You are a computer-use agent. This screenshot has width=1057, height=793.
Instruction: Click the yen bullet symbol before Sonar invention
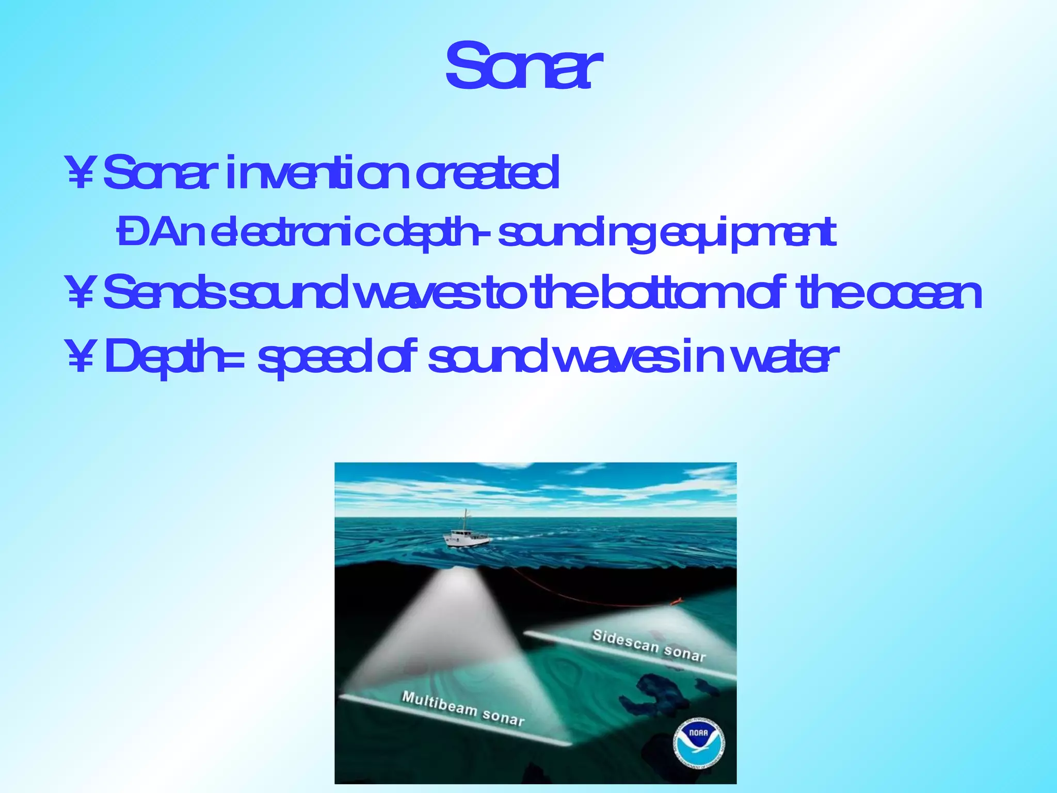coord(79,175)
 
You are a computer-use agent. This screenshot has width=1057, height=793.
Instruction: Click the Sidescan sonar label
coord(649,646)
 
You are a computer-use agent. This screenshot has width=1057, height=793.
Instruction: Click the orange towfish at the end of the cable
coord(676,601)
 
